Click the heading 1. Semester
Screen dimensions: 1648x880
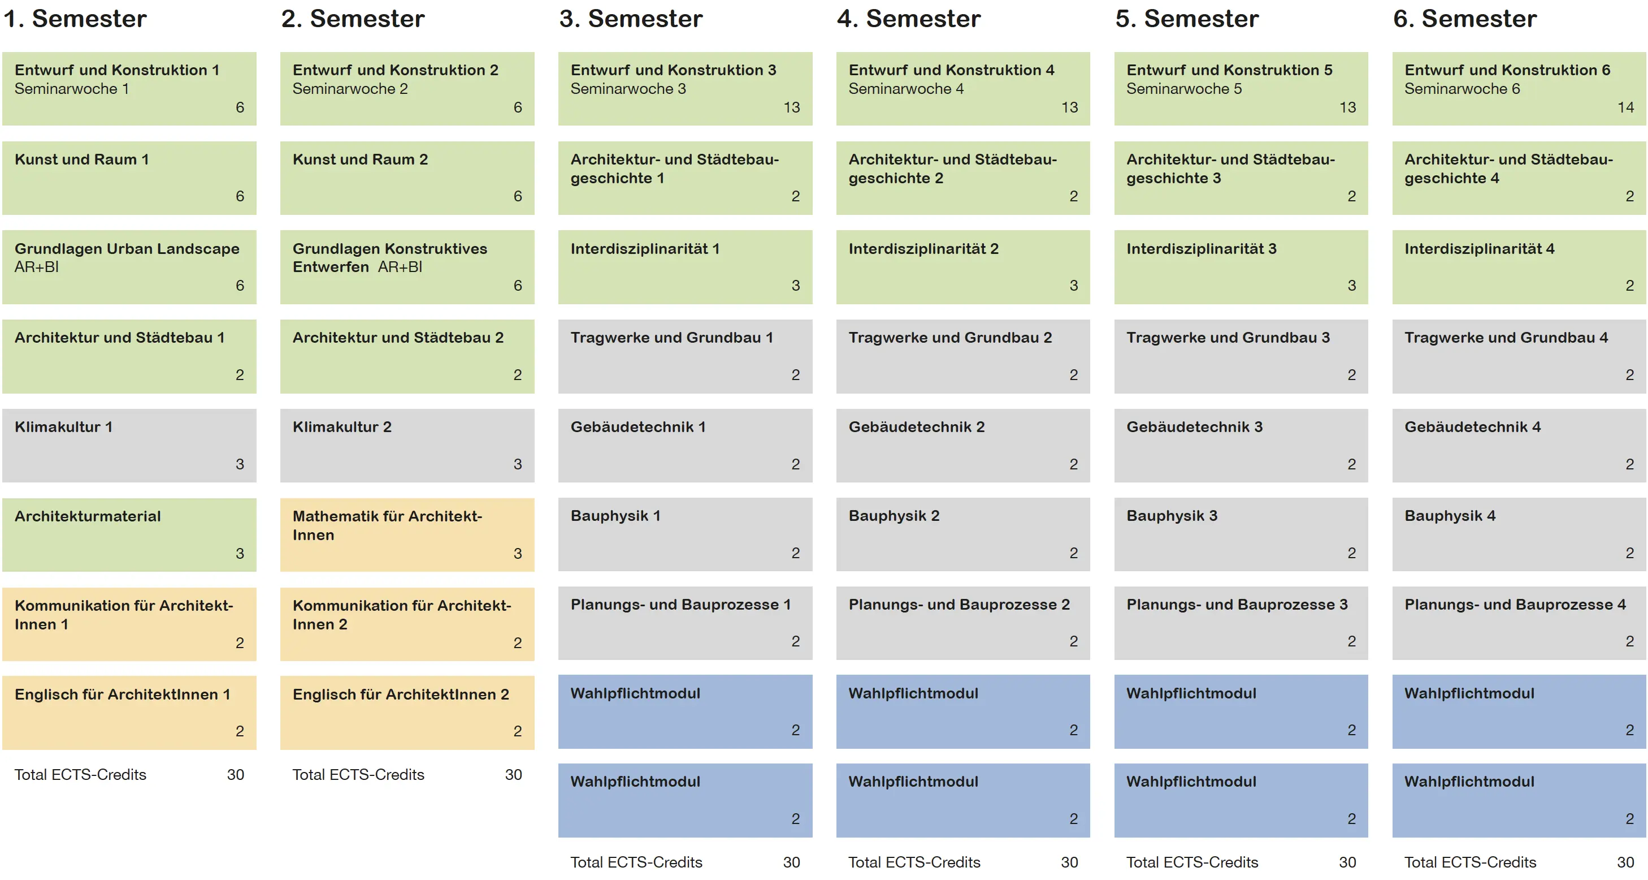click(75, 19)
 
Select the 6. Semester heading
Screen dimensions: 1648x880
click(1465, 19)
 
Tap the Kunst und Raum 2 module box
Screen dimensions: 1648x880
click(407, 178)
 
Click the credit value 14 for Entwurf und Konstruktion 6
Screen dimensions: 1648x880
click(1625, 107)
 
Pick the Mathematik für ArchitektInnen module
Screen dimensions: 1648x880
click(407, 534)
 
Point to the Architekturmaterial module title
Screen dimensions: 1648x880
click(88, 516)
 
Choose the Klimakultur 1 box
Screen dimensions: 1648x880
click(129, 446)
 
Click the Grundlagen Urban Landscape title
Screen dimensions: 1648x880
click(127, 248)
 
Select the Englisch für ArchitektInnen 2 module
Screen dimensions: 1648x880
click(407, 713)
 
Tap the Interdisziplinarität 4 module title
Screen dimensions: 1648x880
click(1479, 248)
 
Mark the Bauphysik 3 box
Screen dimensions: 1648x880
click(1241, 534)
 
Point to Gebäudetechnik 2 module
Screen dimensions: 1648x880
click(963, 446)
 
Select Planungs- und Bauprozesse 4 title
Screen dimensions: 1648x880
click(1515, 605)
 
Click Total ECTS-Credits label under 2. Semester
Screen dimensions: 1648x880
click(358, 774)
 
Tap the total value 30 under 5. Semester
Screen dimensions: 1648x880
click(1347, 862)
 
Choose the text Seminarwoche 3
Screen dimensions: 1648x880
click(628, 89)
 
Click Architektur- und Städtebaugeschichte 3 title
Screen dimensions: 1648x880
click(1231, 169)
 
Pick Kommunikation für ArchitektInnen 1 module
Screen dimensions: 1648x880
click(129, 624)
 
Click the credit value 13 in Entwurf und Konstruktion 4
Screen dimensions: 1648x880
click(1070, 107)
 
